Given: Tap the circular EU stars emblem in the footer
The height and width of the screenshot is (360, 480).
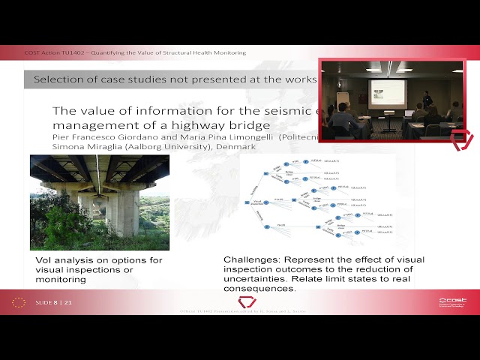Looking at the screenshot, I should tap(19, 302).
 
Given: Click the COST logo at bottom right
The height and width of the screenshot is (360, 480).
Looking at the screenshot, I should tap(452, 301).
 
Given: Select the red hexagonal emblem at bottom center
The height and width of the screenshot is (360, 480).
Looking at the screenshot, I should tap(247, 302).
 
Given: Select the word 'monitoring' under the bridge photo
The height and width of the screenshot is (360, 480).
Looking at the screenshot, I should tap(61, 280).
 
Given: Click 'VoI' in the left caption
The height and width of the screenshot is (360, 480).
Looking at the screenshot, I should tap(43, 260).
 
